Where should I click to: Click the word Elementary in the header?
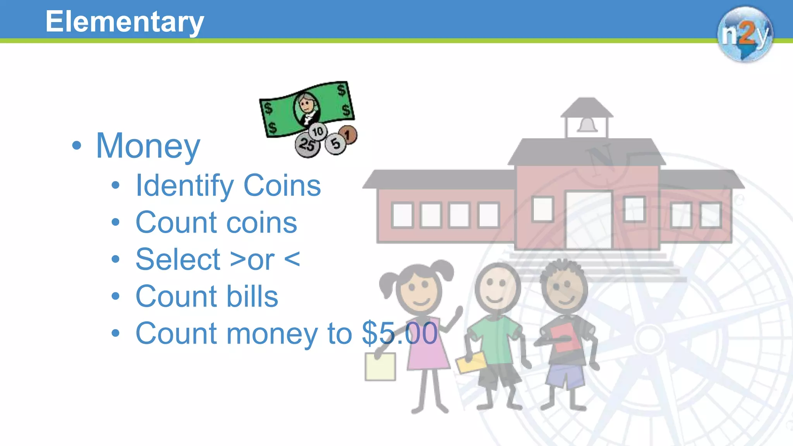(124, 22)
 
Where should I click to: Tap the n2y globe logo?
(745, 34)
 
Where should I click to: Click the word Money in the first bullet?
(148, 146)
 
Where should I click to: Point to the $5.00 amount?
(400, 333)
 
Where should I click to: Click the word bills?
(252, 297)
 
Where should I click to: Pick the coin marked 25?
(307, 145)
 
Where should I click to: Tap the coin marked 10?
(318, 132)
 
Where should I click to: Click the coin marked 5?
(335, 144)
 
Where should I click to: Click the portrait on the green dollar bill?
(307, 108)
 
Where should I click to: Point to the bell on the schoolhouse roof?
(587, 125)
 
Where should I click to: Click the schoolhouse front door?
(589, 220)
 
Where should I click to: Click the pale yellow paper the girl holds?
(380, 367)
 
